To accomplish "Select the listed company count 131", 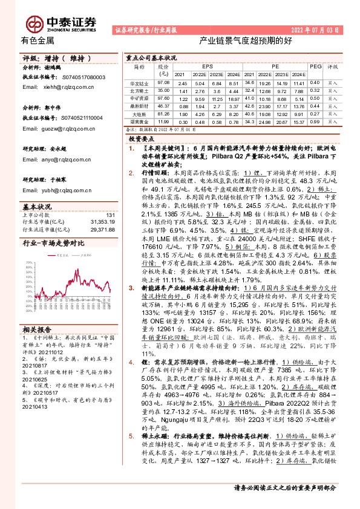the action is (x=110, y=215).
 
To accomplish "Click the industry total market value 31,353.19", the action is (x=102, y=222).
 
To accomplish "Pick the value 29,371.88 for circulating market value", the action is (x=102, y=229).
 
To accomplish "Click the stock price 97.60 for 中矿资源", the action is (x=163, y=98).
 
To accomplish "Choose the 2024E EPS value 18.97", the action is (x=234, y=98).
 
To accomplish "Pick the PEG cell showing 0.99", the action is (x=315, y=122).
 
